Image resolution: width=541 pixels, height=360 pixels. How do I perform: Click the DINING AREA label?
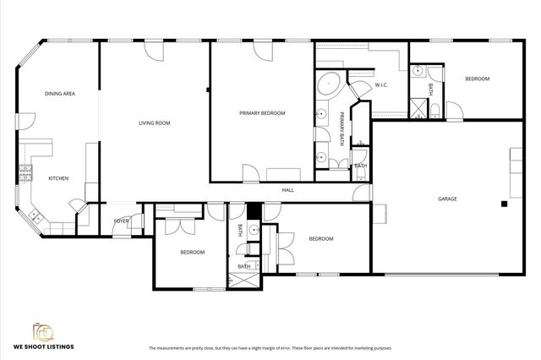60,93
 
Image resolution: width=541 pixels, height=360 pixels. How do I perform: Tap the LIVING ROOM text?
155,123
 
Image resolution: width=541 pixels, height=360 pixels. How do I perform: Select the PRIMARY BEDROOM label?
262,113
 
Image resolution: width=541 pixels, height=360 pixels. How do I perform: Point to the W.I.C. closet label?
380,85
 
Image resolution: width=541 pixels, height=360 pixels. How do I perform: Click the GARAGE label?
447,199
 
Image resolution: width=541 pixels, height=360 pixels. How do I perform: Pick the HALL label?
287,190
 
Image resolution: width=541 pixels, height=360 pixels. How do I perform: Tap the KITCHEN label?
58,178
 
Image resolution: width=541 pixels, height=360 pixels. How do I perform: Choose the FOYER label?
121,221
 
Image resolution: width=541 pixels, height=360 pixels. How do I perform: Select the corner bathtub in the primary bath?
328,85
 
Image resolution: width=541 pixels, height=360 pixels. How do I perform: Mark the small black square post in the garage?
503,204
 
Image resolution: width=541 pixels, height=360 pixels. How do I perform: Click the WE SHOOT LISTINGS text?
42,347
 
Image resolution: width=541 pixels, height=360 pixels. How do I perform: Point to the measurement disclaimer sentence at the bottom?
270,347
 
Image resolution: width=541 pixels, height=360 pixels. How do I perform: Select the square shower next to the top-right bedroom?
418,107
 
